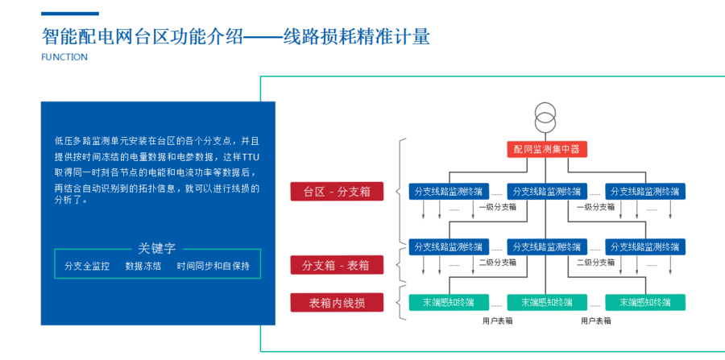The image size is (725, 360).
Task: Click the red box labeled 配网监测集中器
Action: click(x=547, y=149)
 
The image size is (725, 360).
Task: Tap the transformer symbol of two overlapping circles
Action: click(x=545, y=118)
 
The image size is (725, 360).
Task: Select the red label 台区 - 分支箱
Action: click(x=337, y=192)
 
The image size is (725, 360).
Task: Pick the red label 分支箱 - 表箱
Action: click(x=337, y=265)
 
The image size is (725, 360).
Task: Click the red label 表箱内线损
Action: click(x=337, y=302)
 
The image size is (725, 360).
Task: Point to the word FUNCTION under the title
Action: click(x=64, y=57)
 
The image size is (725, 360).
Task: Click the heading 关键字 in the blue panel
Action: click(x=157, y=248)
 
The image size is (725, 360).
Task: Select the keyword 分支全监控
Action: click(x=87, y=267)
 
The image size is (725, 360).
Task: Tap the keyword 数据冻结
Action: click(x=143, y=267)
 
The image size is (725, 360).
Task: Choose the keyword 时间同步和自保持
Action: click(x=213, y=267)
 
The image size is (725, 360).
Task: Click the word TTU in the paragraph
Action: click(x=251, y=157)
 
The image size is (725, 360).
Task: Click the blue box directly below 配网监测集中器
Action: click(x=547, y=192)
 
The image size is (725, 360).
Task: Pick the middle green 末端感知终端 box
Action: click(x=547, y=302)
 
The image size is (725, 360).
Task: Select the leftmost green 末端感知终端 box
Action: click(x=449, y=302)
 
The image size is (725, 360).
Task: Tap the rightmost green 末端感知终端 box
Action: click(x=645, y=302)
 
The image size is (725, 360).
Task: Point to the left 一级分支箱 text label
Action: click(x=498, y=207)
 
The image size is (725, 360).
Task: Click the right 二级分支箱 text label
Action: click(x=596, y=263)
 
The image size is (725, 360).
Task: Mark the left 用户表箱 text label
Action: click(x=498, y=321)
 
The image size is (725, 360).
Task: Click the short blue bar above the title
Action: click(x=70, y=14)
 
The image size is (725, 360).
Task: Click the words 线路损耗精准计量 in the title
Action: click(x=357, y=37)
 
